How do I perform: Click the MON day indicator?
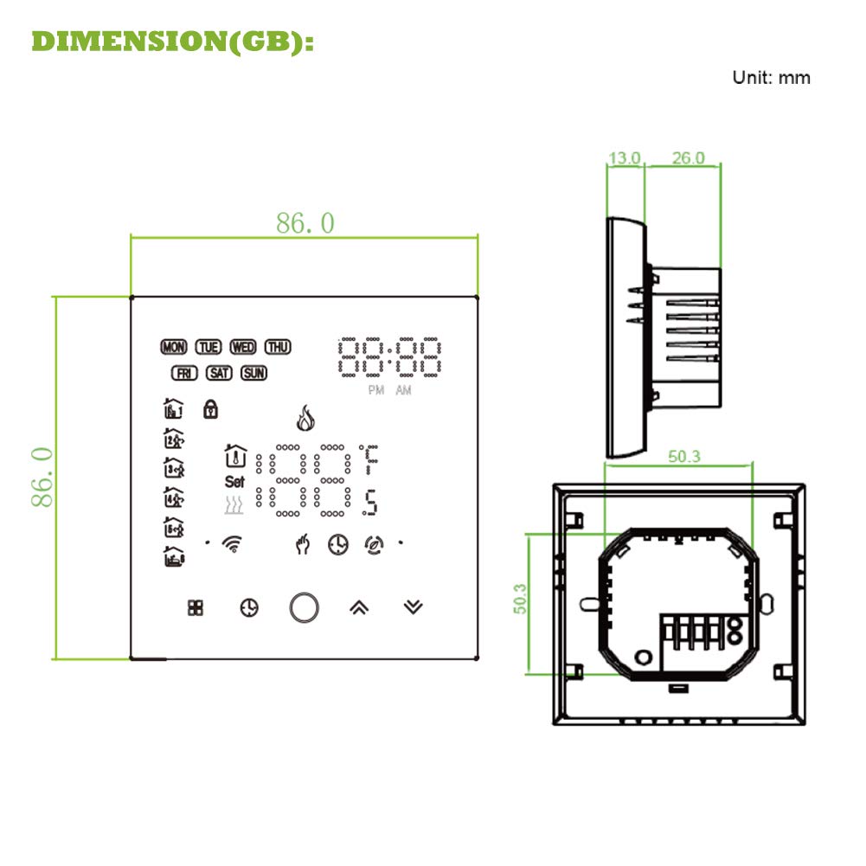coord(173,347)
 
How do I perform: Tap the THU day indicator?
coord(278,347)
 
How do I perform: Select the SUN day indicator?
coord(254,374)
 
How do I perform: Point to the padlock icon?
coord(210,409)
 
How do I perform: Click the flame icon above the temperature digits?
coord(305,418)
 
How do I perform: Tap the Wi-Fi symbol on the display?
coord(233,544)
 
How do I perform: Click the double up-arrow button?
coord(359,607)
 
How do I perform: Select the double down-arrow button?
coord(414,607)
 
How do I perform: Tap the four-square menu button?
coord(196,607)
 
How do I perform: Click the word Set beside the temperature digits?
coord(234,482)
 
